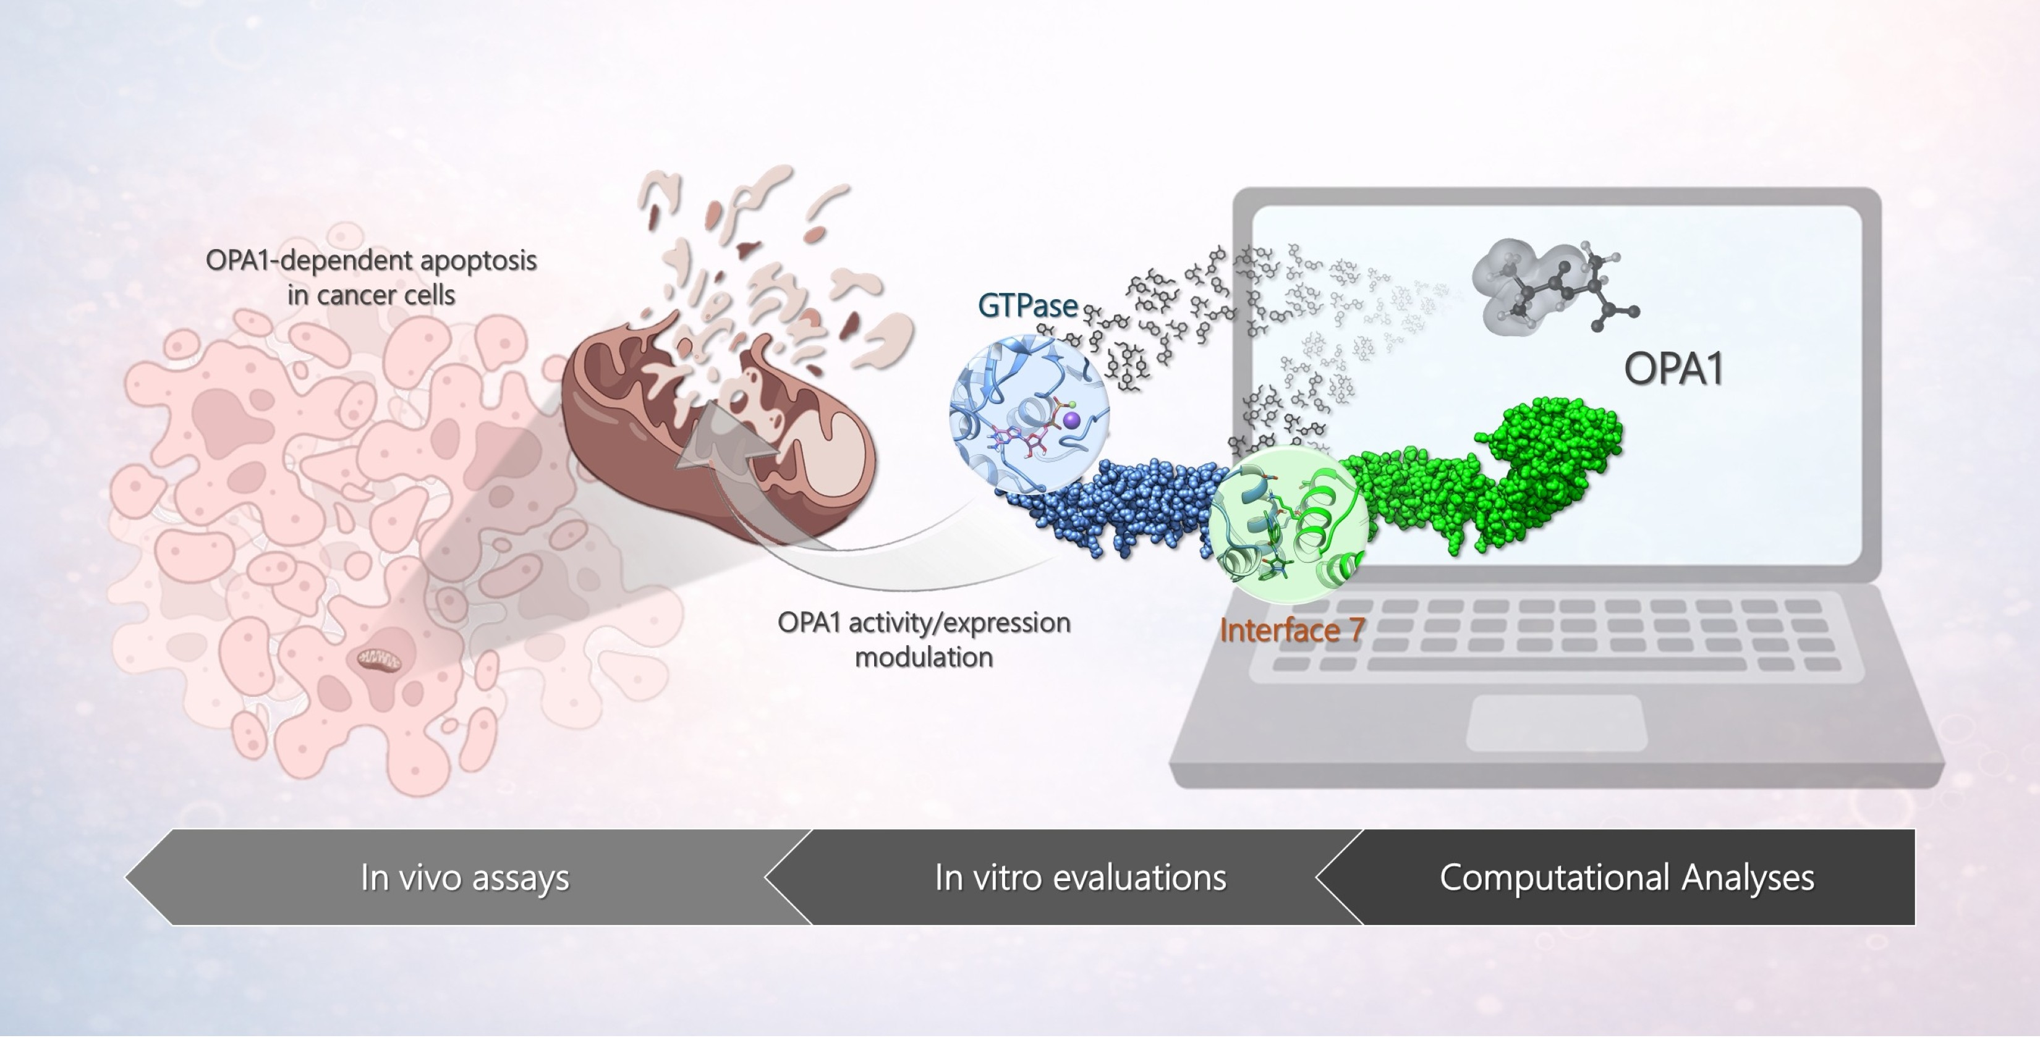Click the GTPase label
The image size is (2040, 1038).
point(1027,305)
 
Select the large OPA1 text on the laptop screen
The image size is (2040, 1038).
point(1673,368)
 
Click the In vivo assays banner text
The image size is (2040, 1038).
point(465,877)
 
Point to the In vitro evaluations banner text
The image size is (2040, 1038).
point(1080,877)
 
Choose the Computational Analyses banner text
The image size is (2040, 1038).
point(1626,877)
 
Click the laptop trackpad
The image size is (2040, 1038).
point(1556,723)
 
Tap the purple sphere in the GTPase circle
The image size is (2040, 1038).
point(1071,420)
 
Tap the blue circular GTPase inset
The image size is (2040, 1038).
point(1029,414)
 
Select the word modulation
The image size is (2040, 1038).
point(924,657)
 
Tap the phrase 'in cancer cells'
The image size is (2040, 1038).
point(371,295)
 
